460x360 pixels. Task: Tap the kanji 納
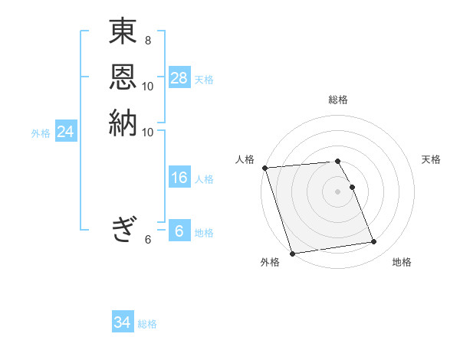[123, 123]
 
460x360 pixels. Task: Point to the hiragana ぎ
[123, 227]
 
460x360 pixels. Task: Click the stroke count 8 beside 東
[148, 39]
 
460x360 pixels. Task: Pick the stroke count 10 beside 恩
[148, 86]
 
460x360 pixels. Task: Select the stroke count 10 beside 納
[148, 132]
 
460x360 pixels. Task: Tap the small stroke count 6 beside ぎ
[148, 240]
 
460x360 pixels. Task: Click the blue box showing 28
[179, 78]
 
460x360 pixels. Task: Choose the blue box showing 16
[179, 178]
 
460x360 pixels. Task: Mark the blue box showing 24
[66, 133]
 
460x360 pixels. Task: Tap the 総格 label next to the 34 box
[147, 324]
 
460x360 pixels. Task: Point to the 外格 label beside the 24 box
[41, 133]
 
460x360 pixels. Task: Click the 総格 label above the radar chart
[338, 100]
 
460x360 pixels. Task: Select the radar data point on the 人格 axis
[264, 168]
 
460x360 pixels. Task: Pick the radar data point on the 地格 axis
[373, 242]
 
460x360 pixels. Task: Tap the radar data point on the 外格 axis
[292, 254]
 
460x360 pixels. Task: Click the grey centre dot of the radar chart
[338, 191]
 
